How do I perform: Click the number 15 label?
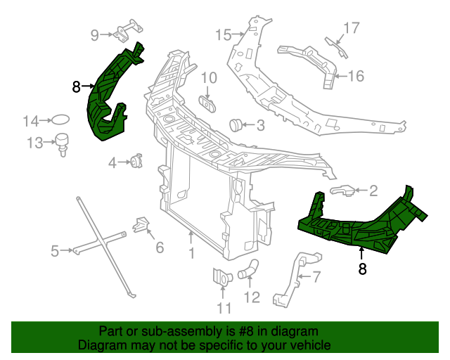(x=223, y=34)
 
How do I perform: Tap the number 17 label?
(x=351, y=28)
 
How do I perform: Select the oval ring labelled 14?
(x=62, y=120)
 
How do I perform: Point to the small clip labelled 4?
(x=136, y=162)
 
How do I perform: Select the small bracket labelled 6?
(x=141, y=226)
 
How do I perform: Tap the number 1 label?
(x=191, y=252)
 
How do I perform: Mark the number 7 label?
(x=317, y=276)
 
